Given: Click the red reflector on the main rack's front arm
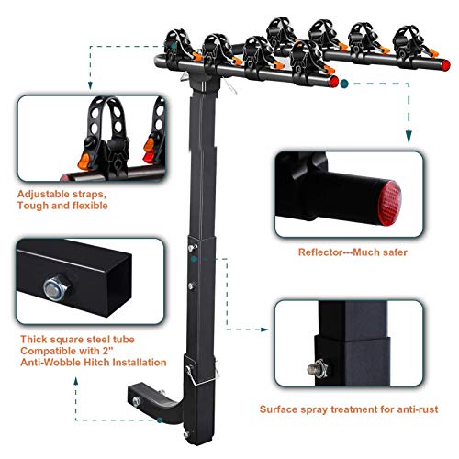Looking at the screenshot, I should coord(330,83).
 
